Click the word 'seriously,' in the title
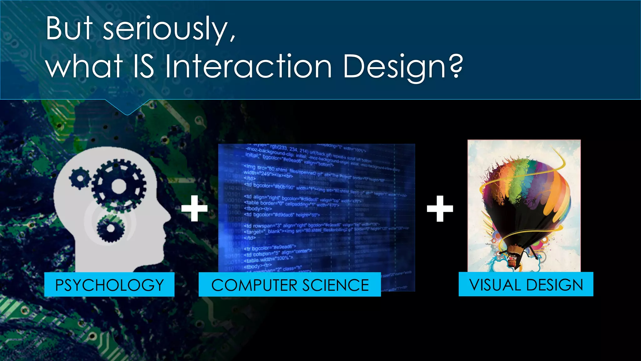coord(169,29)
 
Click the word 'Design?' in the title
coord(403,66)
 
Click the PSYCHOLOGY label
coord(109,285)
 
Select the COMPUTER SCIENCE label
coord(290,285)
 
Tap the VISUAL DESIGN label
coord(526,285)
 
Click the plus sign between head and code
coord(194,208)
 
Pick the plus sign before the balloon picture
coord(440,208)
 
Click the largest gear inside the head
coord(119,186)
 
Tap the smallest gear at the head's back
coord(80,179)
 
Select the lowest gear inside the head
coord(110,228)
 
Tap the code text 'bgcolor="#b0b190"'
coord(274,186)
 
